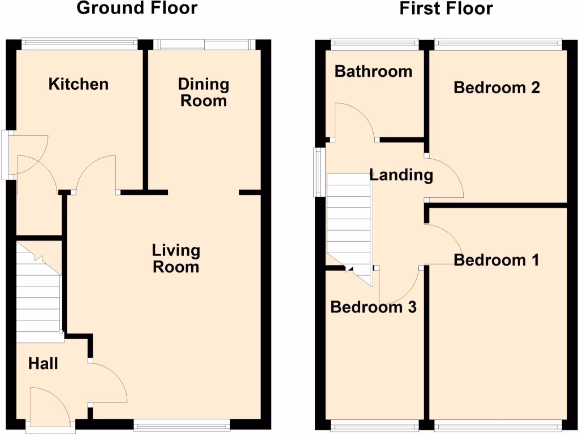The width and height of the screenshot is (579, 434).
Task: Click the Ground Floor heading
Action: pyautogui.click(x=137, y=8)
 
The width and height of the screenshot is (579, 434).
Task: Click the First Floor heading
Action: pyautogui.click(x=446, y=8)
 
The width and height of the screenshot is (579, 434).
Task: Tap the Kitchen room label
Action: pyautogui.click(x=78, y=84)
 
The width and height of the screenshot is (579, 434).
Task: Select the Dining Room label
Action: pyautogui.click(x=203, y=92)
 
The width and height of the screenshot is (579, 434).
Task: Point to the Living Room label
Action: pyautogui.click(x=176, y=258)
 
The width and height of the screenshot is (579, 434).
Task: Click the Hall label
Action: pyautogui.click(x=43, y=363)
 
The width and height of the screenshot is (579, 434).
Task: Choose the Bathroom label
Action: pyautogui.click(x=373, y=71)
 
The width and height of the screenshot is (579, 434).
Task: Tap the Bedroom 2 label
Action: pyautogui.click(x=496, y=88)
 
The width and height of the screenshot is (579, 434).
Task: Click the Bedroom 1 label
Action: pyautogui.click(x=496, y=260)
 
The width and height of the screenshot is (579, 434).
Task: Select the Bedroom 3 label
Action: pyautogui.click(x=373, y=307)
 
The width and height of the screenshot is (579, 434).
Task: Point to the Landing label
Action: pyautogui.click(x=401, y=175)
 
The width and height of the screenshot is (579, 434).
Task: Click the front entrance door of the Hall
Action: pyautogui.click(x=50, y=407)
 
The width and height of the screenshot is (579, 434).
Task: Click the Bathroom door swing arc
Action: pyautogui.click(x=355, y=121)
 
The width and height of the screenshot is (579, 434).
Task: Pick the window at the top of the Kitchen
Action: pyautogui.click(x=79, y=41)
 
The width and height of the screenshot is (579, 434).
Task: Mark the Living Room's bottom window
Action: pyautogui.click(x=182, y=424)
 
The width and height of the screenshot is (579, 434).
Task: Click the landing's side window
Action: pyautogui.click(x=319, y=172)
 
